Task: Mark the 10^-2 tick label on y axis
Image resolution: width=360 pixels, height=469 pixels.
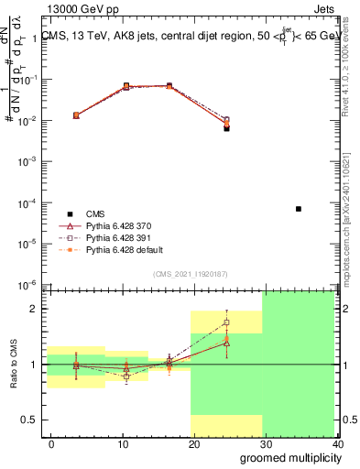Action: (27, 120)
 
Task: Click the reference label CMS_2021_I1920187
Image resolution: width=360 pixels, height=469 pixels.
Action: (190, 274)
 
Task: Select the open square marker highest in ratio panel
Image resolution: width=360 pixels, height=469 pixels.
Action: (226, 322)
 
